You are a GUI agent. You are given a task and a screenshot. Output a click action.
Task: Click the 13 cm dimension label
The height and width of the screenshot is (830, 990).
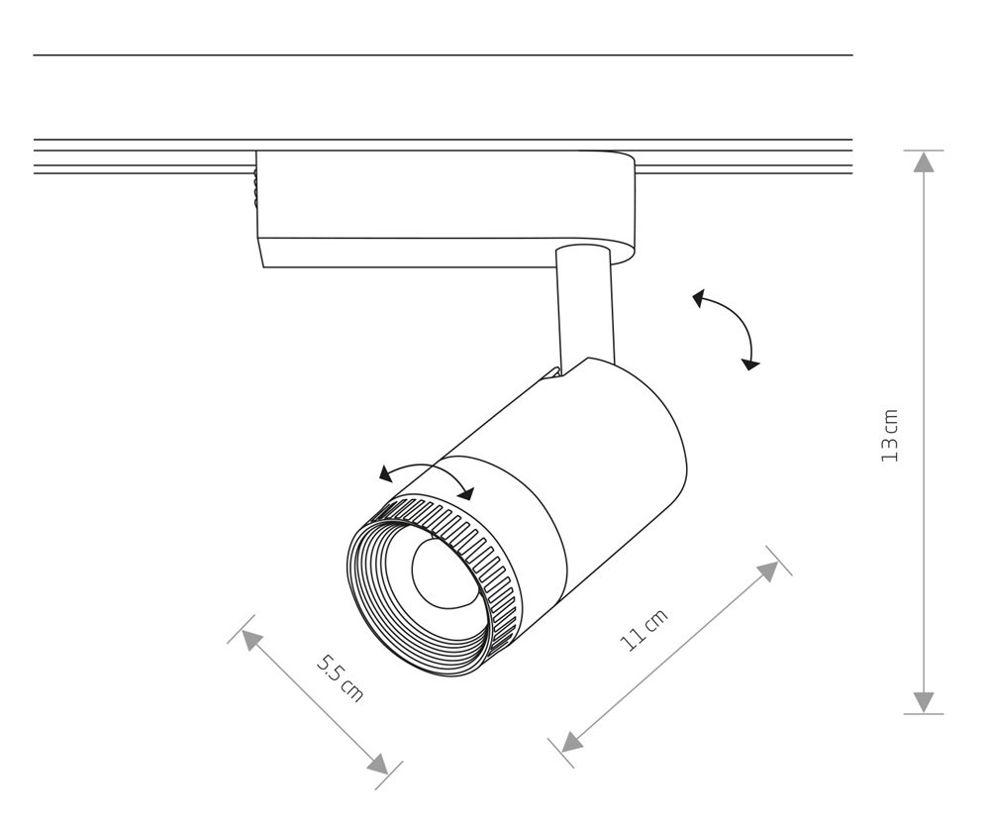click(x=890, y=436)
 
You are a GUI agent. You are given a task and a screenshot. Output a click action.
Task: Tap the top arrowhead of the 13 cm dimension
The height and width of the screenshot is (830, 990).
click(x=924, y=162)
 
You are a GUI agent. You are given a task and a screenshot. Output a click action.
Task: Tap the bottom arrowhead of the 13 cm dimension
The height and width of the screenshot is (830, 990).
click(x=924, y=701)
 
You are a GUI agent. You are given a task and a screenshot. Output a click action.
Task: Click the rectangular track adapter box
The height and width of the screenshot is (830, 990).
click(x=436, y=208)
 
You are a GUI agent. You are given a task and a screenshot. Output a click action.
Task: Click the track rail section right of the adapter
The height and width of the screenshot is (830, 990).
click(x=742, y=157)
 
